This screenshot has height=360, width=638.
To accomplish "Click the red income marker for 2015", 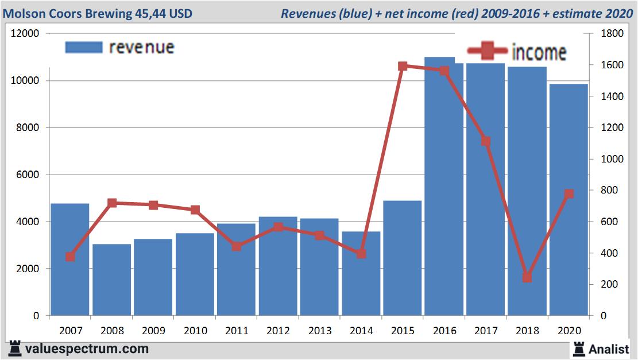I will (x=403, y=66).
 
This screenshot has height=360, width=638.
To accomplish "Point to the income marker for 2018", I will (x=527, y=277).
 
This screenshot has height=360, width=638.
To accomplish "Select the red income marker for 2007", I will (x=70, y=257).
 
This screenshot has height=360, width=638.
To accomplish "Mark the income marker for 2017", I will (x=486, y=141).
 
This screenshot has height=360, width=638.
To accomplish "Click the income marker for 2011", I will (x=237, y=246).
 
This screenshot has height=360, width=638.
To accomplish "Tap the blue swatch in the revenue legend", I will (x=84, y=47).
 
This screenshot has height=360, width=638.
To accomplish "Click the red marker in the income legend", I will (x=488, y=52).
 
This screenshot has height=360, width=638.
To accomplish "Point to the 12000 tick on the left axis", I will (x=25, y=34).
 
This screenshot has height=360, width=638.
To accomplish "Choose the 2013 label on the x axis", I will (x=320, y=331).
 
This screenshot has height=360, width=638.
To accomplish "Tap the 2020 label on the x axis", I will (x=569, y=331).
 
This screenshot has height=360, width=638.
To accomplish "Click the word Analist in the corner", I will (x=609, y=349).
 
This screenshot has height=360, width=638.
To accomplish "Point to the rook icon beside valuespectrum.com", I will (x=15, y=349).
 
